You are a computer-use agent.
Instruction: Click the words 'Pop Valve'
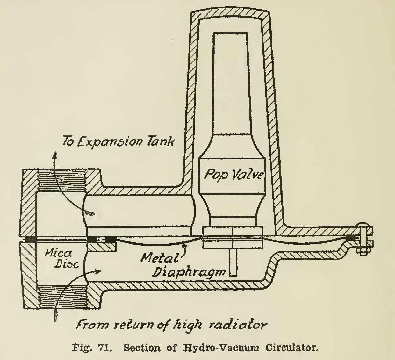point(233,175)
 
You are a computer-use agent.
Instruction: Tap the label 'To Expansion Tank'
point(118,141)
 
